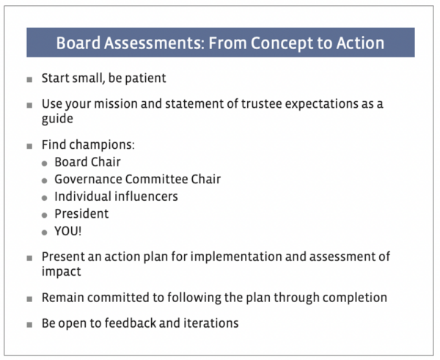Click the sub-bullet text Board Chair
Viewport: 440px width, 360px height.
(87, 162)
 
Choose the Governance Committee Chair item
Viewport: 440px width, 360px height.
(137, 179)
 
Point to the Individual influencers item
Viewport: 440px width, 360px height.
(116, 196)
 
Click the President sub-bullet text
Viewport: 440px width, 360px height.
(81, 214)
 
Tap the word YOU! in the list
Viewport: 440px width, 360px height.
(69, 232)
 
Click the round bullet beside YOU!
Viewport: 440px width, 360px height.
(45, 232)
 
